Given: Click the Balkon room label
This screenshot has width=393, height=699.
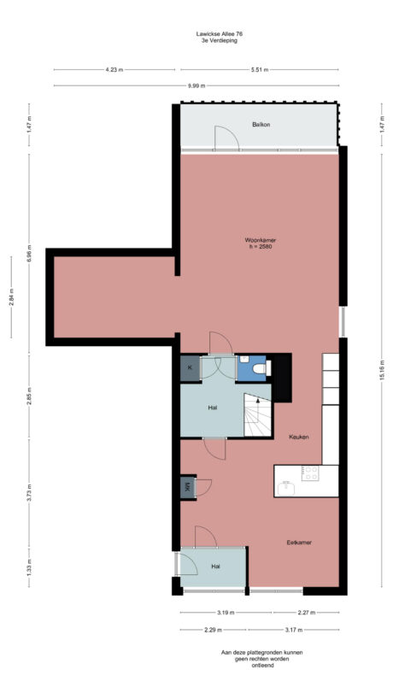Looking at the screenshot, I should [x=261, y=125].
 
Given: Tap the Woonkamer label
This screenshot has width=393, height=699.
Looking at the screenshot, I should [x=260, y=241].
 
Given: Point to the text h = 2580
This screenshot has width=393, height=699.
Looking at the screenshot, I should [x=260, y=248].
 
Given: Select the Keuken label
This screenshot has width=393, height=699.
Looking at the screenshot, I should [x=298, y=437].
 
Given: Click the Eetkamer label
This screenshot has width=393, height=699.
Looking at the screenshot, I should [x=298, y=543].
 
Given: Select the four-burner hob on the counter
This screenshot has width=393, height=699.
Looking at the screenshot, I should [x=309, y=473].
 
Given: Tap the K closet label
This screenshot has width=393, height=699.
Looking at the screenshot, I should [x=189, y=368].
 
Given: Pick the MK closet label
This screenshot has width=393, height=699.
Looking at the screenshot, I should [x=187, y=488].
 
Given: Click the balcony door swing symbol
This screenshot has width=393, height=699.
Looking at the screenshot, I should [x=226, y=138].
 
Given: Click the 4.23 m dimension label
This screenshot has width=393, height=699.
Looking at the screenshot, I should [x=113, y=70].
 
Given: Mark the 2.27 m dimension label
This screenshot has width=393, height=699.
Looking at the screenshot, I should [x=308, y=612].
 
